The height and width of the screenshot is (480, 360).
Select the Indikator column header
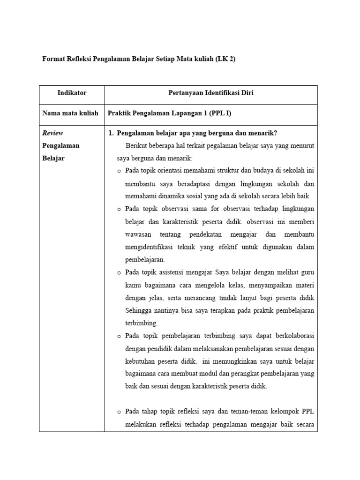tap(72, 93)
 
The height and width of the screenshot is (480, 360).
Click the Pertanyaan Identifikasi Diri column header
tap(210, 93)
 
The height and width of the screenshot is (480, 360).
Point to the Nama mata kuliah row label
tap(70, 113)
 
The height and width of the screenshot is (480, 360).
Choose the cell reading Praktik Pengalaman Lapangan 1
tap(170, 113)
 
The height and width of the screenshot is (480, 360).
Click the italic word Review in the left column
tap(52, 133)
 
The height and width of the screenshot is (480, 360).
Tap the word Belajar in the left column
tap(53, 158)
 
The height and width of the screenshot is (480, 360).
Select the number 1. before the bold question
tap(111, 133)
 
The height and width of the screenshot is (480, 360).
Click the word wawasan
tap(140, 234)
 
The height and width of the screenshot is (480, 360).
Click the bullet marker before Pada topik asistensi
tap(119, 272)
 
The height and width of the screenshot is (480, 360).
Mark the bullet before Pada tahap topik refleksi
tap(119, 412)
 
